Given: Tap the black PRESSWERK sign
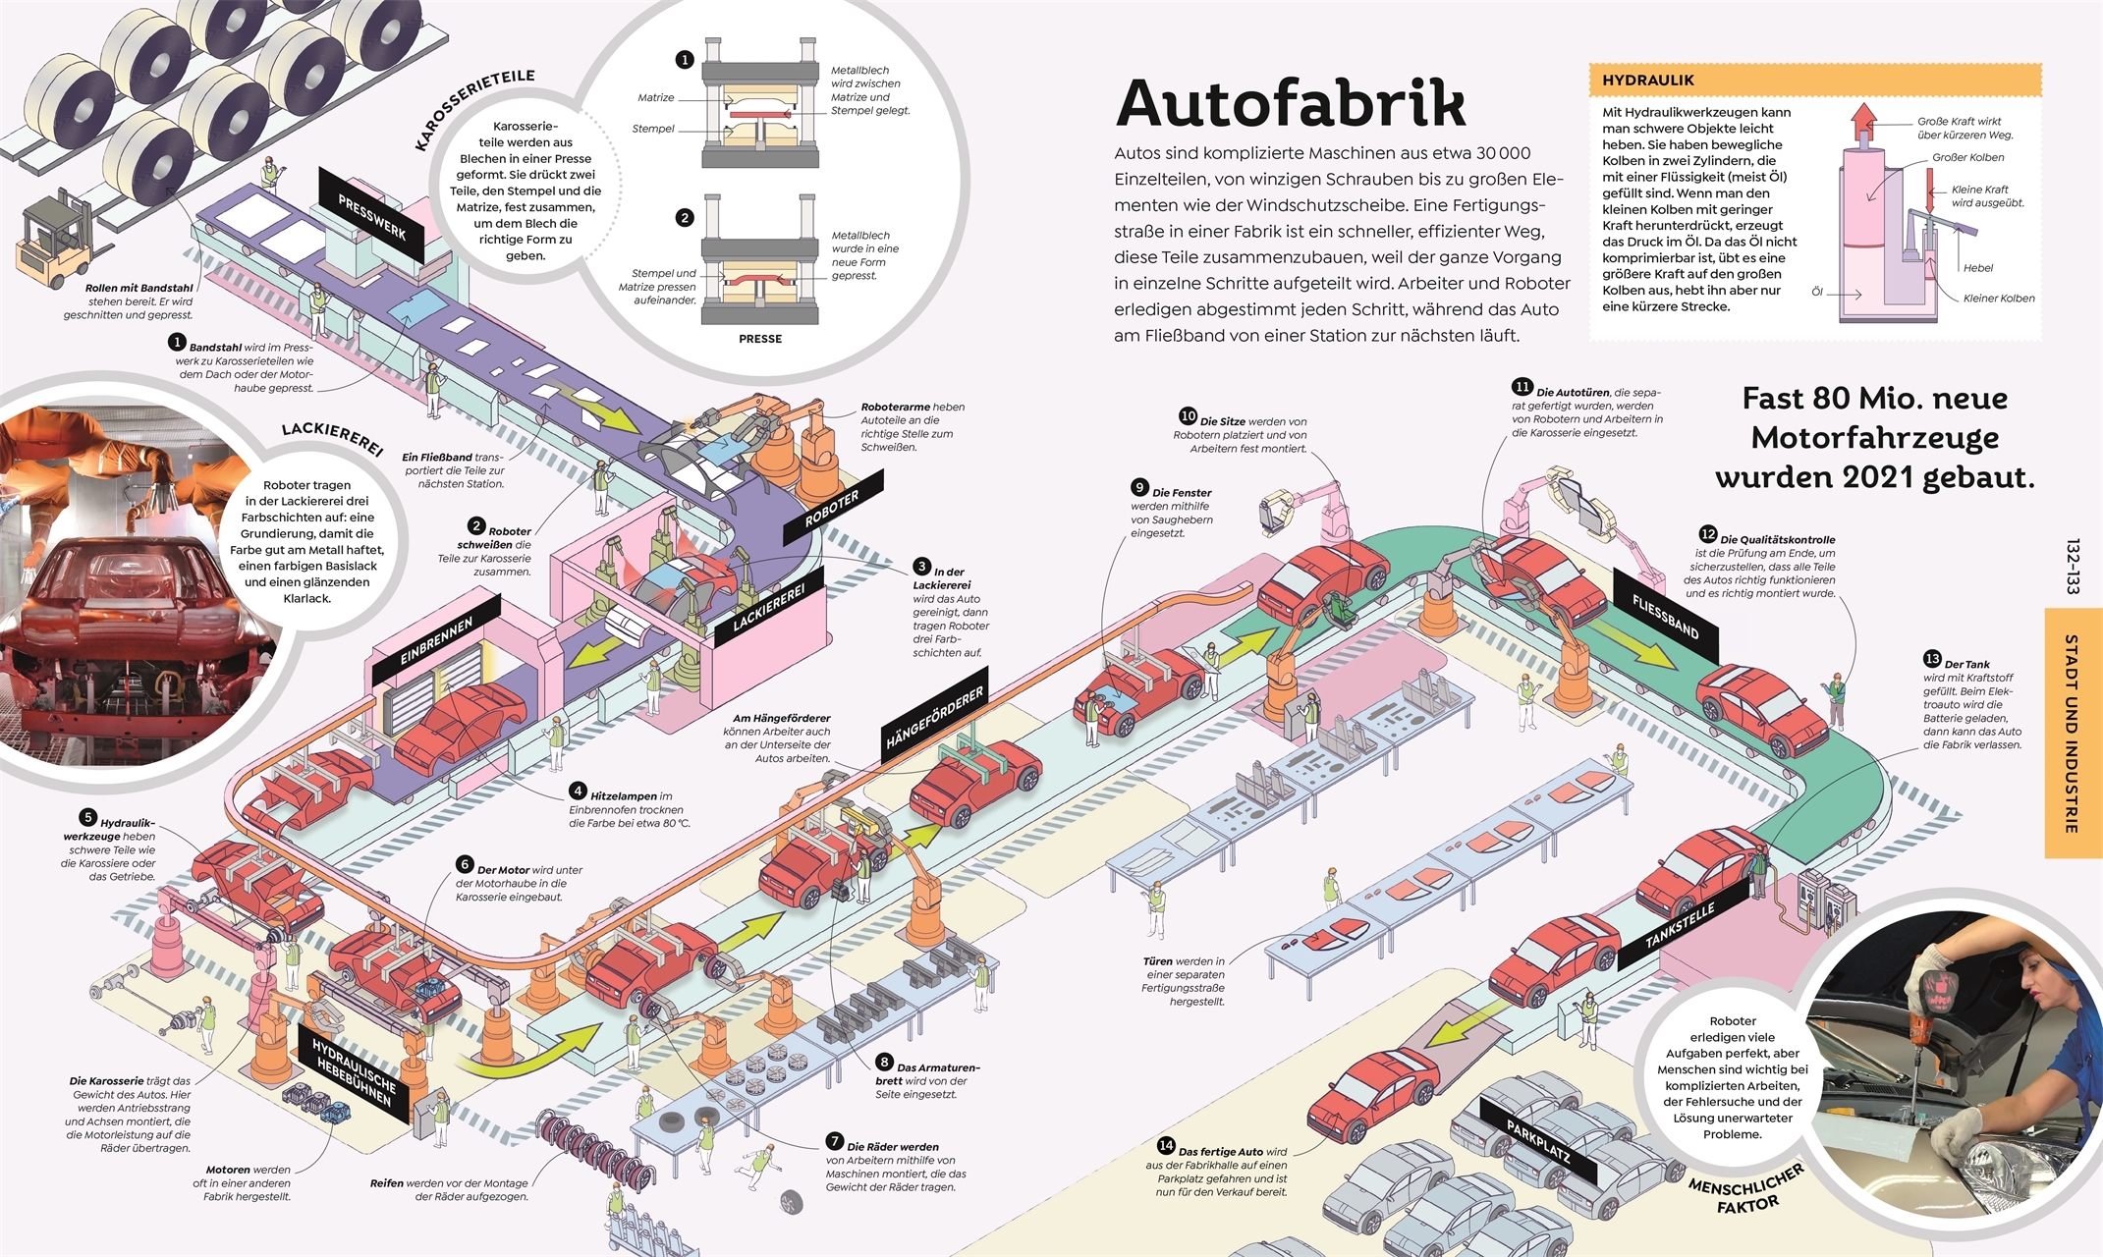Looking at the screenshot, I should point(371,217).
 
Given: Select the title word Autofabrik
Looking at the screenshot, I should point(1290,103).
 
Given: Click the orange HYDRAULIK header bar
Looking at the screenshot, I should point(1814,81).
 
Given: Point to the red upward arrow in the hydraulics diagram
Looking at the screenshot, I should point(1862,123).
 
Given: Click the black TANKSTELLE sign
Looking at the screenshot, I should point(1680,925).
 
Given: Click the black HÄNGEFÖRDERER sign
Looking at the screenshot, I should point(934,718).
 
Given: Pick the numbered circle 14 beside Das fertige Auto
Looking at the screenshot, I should point(1166,1145).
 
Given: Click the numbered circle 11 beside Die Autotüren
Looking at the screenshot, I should point(1522,387).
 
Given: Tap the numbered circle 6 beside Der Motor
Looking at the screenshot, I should point(465,864).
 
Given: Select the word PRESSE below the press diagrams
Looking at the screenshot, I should point(760,339).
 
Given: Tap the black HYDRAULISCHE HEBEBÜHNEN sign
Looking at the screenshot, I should point(354,1073).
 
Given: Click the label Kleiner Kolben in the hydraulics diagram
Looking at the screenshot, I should point(1998,299).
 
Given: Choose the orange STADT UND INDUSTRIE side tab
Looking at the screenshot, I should point(2073,733).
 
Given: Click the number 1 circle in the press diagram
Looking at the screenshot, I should point(685,60).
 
